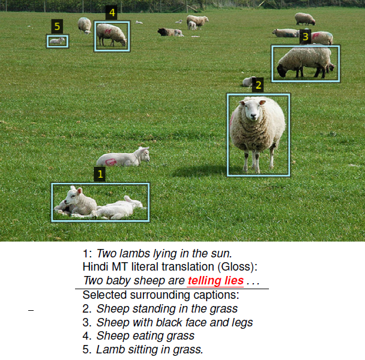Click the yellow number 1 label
click(x=100, y=174)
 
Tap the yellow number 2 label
click(x=258, y=85)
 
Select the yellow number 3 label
click(x=305, y=37)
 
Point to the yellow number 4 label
click(x=112, y=13)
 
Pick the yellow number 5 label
click(x=57, y=26)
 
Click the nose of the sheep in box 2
click(x=253, y=116)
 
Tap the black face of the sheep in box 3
click(x=281, y=71)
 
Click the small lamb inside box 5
click(x=57, y=41)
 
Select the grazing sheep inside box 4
click(x=112, y=35)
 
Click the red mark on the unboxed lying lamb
click(x=110, y=161)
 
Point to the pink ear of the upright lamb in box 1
click(x=80, y=191)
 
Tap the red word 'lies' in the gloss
click(x=234, y=280)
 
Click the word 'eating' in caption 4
click(x=147, y=336)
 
